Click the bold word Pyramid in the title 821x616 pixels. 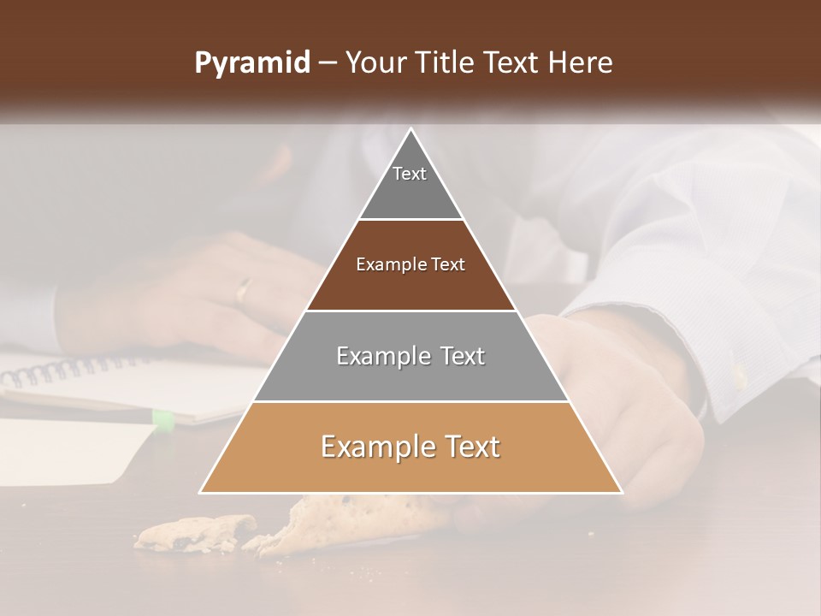tap(251, 63)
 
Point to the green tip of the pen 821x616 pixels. tap(162, 419)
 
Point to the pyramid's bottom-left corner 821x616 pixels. tap(201, 492)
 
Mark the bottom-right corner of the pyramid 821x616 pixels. tap(622, 492)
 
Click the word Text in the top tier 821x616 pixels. tap(410, 174)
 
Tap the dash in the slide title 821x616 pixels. tap(328, 63)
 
